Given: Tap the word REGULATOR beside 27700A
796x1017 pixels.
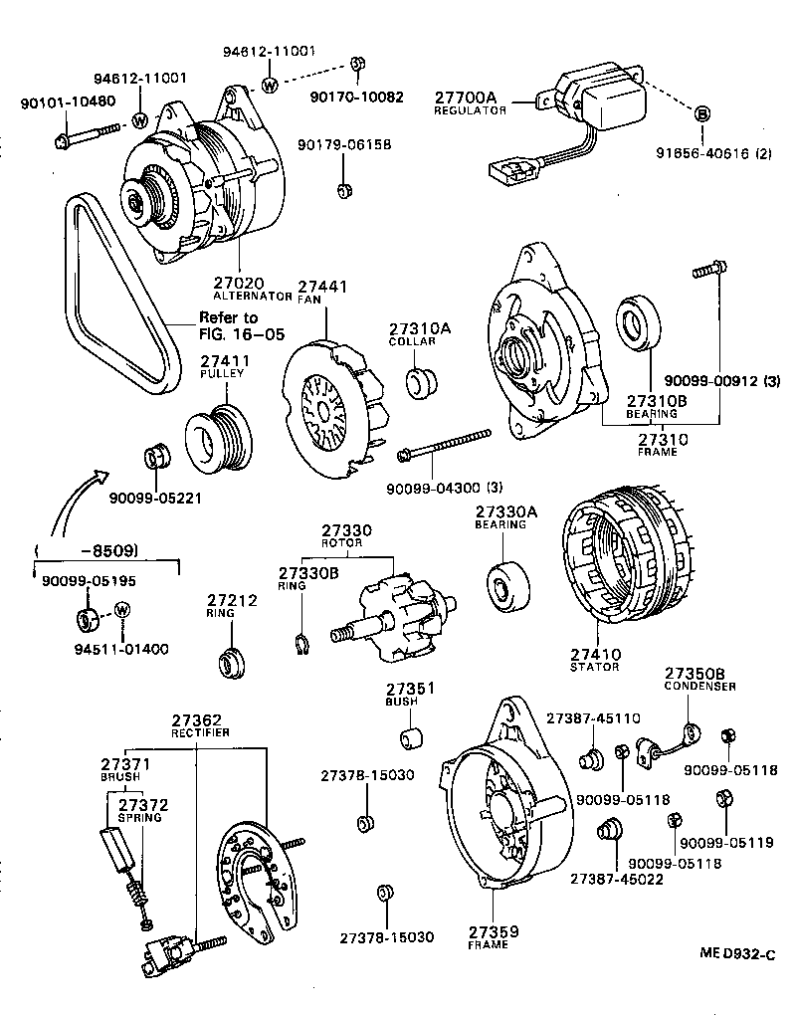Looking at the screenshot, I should pyautogui.click(x=470, y=110).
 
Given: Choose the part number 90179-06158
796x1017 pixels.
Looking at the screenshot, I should pyautogui.click(x=343, y=145).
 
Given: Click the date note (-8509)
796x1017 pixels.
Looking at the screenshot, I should pyautogui.click(x=85, y=550).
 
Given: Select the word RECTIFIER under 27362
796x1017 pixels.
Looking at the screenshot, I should pyautogui.click(x=199, y=732).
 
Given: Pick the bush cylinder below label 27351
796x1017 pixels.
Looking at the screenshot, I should pyautogui.click(x=411, y=738).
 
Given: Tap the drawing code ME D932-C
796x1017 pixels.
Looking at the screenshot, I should pyautogui.click(x=735, y=954).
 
